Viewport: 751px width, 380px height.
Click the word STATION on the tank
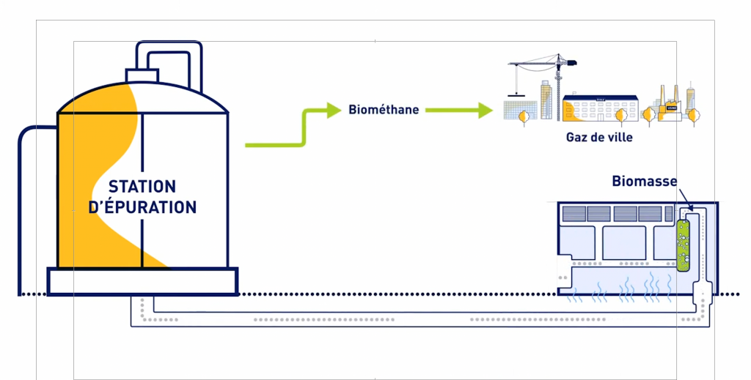pos(142,186)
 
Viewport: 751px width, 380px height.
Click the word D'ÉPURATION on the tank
pos(142,206)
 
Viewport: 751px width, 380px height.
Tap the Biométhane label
pos(384,109)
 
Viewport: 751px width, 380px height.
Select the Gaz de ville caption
pos(599,137)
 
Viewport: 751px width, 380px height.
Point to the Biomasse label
pos(645,181)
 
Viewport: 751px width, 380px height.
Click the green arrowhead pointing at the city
pos(485,111)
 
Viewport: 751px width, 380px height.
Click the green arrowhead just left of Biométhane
pos(334,111)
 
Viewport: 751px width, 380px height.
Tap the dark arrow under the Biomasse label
pos(685,199)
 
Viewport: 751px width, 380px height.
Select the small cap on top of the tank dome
pos(142,75)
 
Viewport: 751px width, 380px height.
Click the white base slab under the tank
pos(143,281)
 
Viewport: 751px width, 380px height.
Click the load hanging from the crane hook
pos(516,96)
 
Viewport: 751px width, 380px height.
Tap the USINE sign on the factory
pos(672,108)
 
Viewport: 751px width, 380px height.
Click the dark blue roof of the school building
pos(600,98)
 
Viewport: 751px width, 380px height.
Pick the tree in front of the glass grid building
pos(522,117)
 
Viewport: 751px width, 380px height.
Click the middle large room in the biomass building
pos(623,243)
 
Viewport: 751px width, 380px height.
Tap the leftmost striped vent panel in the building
pos(574,214)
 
